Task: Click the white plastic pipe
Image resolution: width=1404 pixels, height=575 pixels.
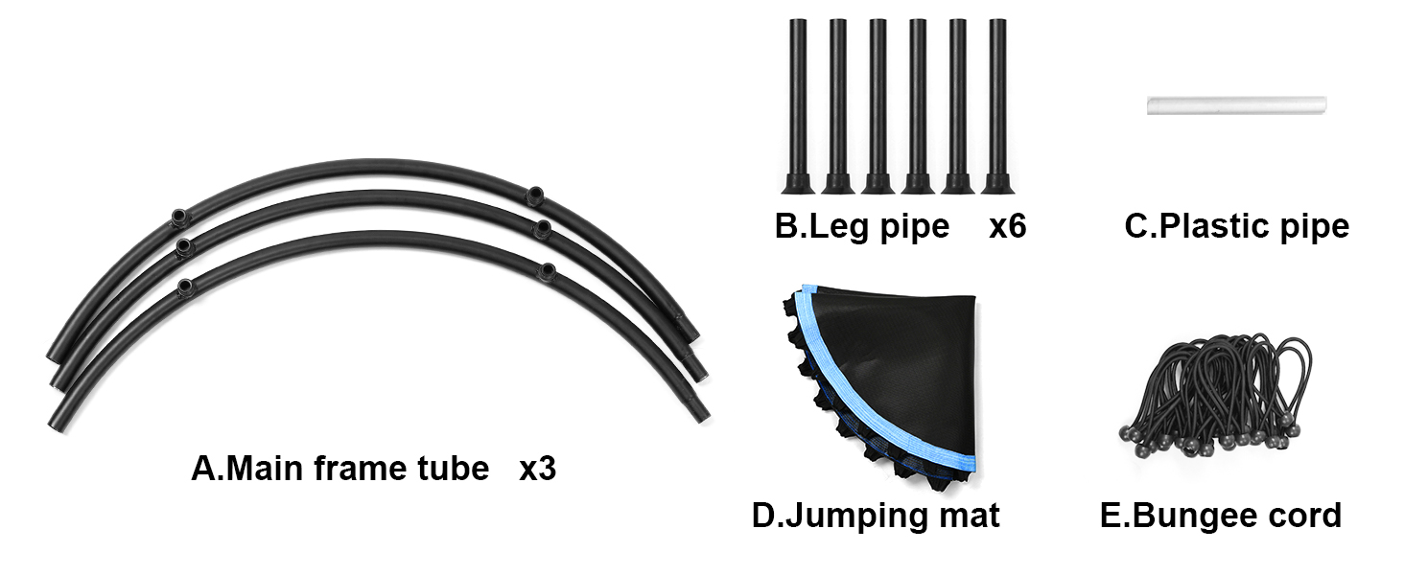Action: (x=1236, y=104)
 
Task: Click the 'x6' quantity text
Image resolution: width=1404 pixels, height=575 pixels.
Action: (x=1007, y=226)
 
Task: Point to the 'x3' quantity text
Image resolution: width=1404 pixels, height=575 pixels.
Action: (x=537, y=470)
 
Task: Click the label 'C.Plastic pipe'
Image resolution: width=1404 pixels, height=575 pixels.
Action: (x=1236, y=226)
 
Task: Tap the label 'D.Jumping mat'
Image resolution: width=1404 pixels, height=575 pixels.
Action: (x=876, y=516)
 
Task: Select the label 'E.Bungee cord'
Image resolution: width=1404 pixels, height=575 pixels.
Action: (x=1220, y=516)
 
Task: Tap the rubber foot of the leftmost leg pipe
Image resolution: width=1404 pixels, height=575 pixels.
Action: (x=797, y=182)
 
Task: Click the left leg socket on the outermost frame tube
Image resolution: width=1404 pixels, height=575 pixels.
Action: (x=177, y=217)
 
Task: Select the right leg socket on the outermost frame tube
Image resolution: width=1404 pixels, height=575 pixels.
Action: (x=534, y=196)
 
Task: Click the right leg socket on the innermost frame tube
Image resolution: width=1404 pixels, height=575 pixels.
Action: (x=548, y=271)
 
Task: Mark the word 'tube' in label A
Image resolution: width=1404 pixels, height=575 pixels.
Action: (x=451, y=470)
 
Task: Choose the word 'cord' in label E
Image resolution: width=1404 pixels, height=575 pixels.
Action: (x=1303, y=516)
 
